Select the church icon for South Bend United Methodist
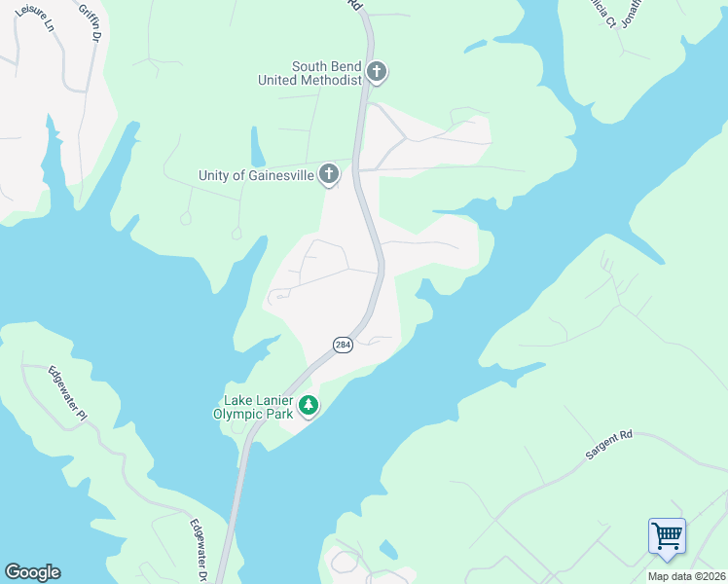[377, 72]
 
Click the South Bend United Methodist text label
[310, 73]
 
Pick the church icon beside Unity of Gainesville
[330, 174]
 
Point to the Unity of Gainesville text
[256, 175]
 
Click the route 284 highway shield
[343, 345]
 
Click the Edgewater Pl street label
[67, 392]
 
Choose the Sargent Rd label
[609, 444]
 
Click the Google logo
[32, 572]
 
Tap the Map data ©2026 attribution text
[685, 576]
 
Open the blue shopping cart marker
[668, 536]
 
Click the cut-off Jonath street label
[633, 15]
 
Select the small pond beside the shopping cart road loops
[388, 549]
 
